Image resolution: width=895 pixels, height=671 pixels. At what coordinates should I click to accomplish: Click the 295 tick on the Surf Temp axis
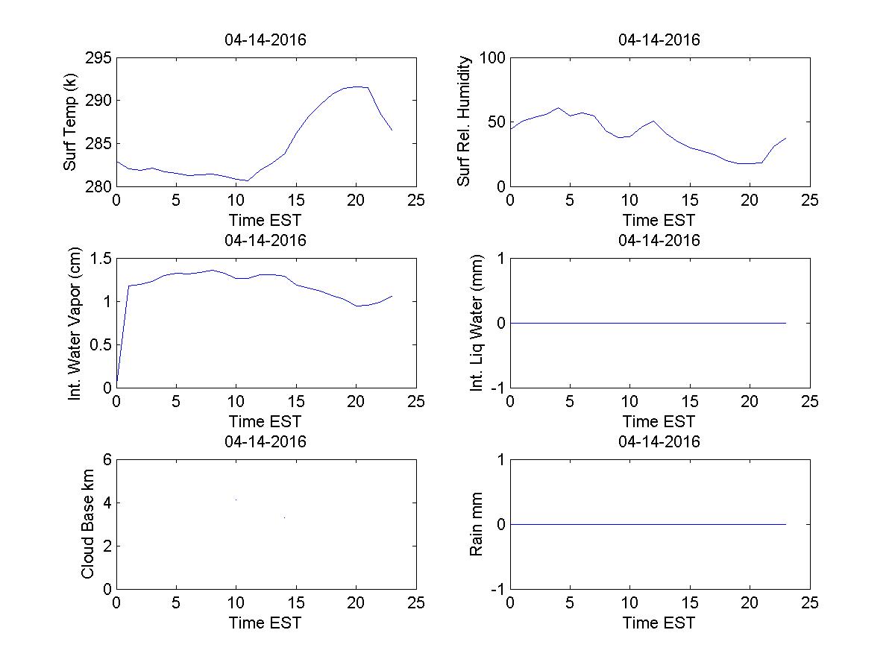tap(99, 58)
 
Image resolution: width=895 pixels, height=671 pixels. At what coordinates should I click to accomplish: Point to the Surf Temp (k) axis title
tap(70, 122)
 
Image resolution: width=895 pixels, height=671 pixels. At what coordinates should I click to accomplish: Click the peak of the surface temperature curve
tap(359, 86)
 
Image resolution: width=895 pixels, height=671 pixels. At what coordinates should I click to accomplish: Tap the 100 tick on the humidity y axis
tap(492, 58)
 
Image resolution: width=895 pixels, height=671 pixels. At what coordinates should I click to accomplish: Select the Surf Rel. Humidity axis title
tap(464, 122)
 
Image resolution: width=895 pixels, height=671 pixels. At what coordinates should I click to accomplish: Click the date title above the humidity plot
tap(659, 40)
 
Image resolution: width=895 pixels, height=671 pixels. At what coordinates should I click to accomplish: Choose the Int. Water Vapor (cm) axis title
tap(75, 323)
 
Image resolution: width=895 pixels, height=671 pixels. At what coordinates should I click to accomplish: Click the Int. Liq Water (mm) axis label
tap(477, 323)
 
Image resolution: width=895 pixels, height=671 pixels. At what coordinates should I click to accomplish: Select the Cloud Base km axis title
tap(87, 524)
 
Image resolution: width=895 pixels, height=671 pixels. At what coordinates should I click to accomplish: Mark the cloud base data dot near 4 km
tap(236, 500)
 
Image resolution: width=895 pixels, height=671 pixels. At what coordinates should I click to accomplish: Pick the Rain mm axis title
tap(476, 524)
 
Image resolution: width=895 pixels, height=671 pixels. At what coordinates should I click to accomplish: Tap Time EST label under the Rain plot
tap(659, 623)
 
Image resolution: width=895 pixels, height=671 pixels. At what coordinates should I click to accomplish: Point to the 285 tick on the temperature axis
tap(99, 143)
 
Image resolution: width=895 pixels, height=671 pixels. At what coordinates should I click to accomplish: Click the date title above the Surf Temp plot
tap(266, 40)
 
